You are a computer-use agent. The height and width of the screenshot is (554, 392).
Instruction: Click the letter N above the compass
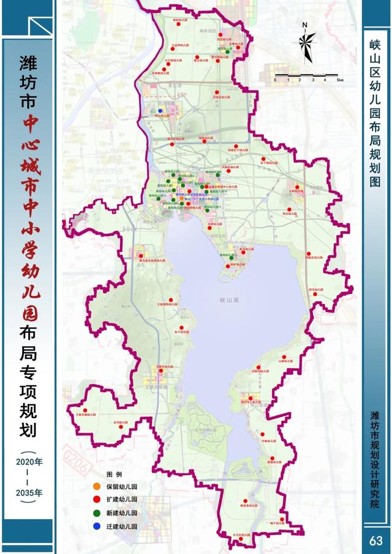(x=304, y=25)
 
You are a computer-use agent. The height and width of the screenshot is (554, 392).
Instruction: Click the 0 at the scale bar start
(x=276, y=80)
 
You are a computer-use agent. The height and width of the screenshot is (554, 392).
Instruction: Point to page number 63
(x=376, y=541)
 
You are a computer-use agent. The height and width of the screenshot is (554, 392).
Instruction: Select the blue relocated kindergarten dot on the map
(x=160, y=111)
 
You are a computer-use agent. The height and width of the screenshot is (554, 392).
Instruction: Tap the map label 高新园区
(x=208, y=29)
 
